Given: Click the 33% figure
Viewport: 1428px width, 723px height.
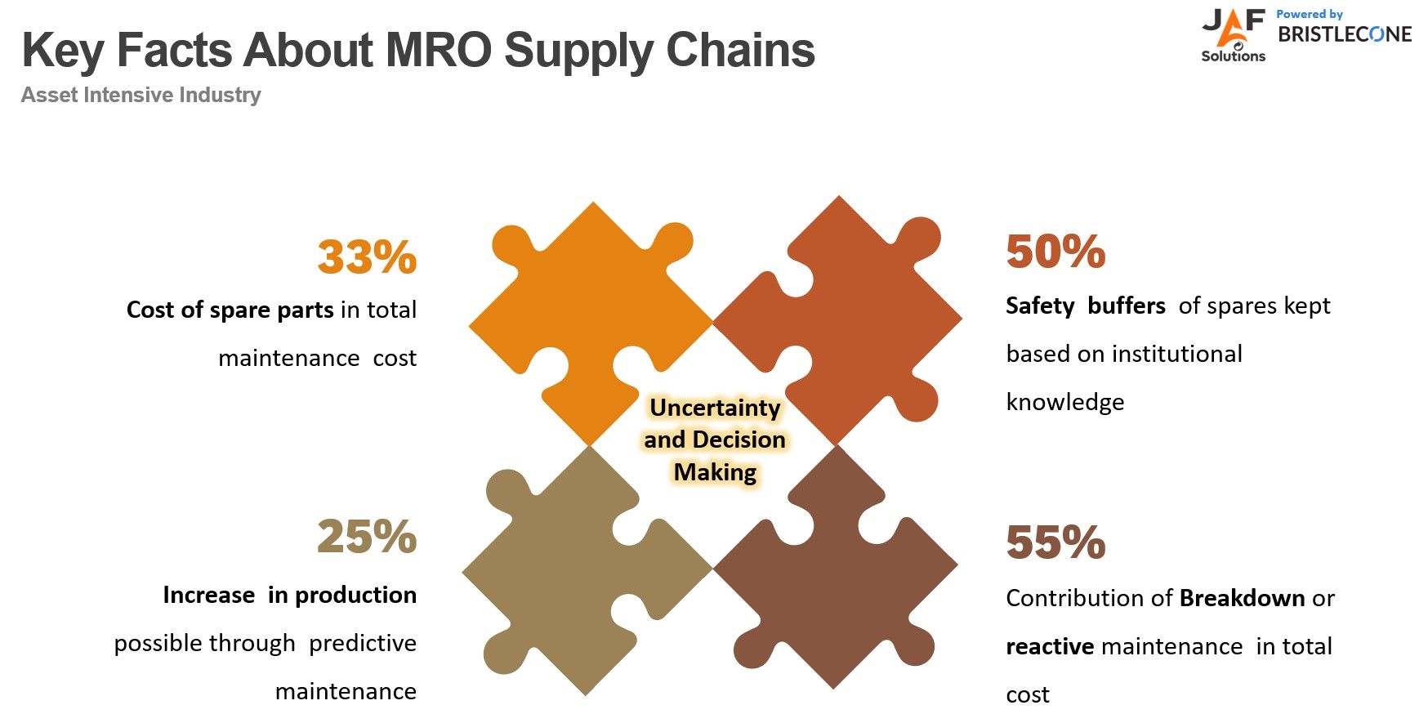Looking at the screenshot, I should click(367, 257).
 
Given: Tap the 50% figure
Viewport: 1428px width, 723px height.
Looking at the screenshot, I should click(1055, 251).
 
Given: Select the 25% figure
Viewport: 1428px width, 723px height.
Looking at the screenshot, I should click(367, 537).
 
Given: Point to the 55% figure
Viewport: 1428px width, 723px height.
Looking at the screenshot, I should click(1055, 542).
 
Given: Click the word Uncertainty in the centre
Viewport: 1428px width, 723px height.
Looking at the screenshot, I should click(715, 407).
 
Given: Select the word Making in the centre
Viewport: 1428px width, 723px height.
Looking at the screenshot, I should click(715, 472).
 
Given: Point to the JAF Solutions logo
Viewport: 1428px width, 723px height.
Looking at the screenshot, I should click(1234, 35).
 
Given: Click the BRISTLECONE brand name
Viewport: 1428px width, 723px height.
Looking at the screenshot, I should click(1345, 34).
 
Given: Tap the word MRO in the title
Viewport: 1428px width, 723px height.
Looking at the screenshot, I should click(438, 50).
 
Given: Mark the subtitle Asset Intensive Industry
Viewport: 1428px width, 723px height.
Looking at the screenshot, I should click(141, 95).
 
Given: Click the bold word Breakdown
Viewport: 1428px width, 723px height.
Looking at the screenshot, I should click(1242, 598).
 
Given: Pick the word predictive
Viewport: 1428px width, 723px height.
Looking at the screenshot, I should click(363, 643).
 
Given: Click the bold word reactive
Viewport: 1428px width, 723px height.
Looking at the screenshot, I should click(1050, 646).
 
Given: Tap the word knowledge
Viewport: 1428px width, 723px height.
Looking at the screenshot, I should click(1065, 402).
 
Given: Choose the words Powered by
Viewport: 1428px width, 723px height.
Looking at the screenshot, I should click(1310, 14).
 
